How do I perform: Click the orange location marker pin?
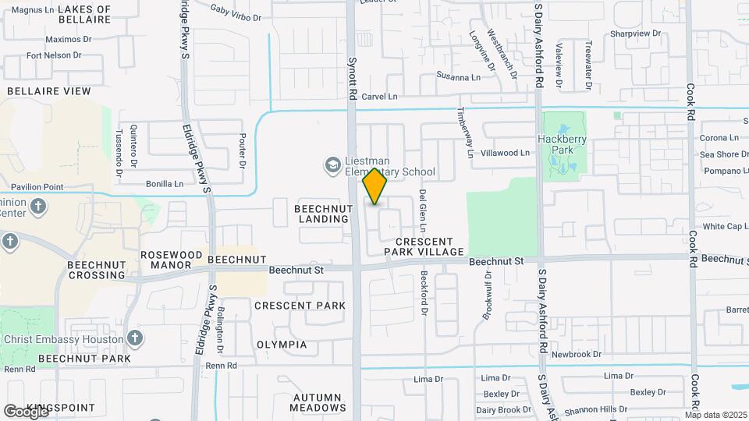pos(375,186)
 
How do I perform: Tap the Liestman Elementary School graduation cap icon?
pos(332,165)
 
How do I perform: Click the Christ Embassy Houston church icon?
pos(135,338)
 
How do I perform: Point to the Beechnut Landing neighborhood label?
pos(322,214)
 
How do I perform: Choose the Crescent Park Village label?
pos(424,246)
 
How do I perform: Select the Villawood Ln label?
pos(505,153)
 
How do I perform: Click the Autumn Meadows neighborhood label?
pos(318,402)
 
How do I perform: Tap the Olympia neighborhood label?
pos(282,345)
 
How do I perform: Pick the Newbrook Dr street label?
pos(577,354)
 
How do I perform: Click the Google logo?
pos(26,411)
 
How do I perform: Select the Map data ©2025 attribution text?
pos(715,415)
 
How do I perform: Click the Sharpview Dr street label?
pos(635,34)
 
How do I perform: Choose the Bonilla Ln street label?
pos(165,184)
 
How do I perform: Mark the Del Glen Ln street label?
pos(422,210)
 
